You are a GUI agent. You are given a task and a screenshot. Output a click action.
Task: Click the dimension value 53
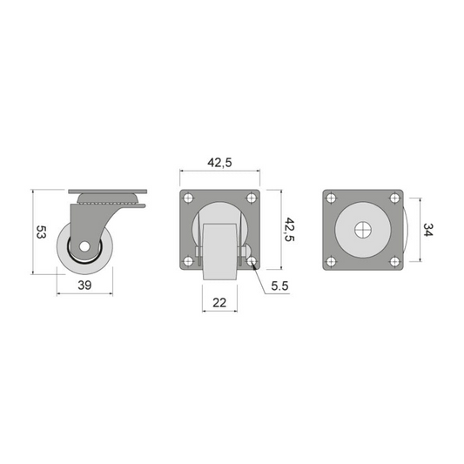pyautogui.click(x=41, y=232)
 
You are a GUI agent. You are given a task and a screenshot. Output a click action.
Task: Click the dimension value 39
pyautogui.click(x=84, y=286)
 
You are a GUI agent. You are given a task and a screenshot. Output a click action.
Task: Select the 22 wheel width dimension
pyautogui.click(x=219, y=302)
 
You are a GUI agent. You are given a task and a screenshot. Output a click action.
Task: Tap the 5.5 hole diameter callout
pyautogui.click(x=280, y=286)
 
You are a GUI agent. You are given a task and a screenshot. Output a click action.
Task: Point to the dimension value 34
pyautogui.click(x=428, y=230)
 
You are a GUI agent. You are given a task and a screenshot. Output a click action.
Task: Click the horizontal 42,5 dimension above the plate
pyautogui.click(x=219, y=163)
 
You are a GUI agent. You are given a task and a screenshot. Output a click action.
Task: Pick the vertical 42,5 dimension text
pyautogui.click(x=289, y=230)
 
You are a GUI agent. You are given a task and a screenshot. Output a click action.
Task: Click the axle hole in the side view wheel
pyautogui.click(x=85, y=246)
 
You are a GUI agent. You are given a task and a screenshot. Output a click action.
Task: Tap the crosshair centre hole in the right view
pyautogui.click(x=363, y=230)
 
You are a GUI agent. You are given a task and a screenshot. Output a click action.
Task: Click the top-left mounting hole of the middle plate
pyautogui.click(x=188, y=198)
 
